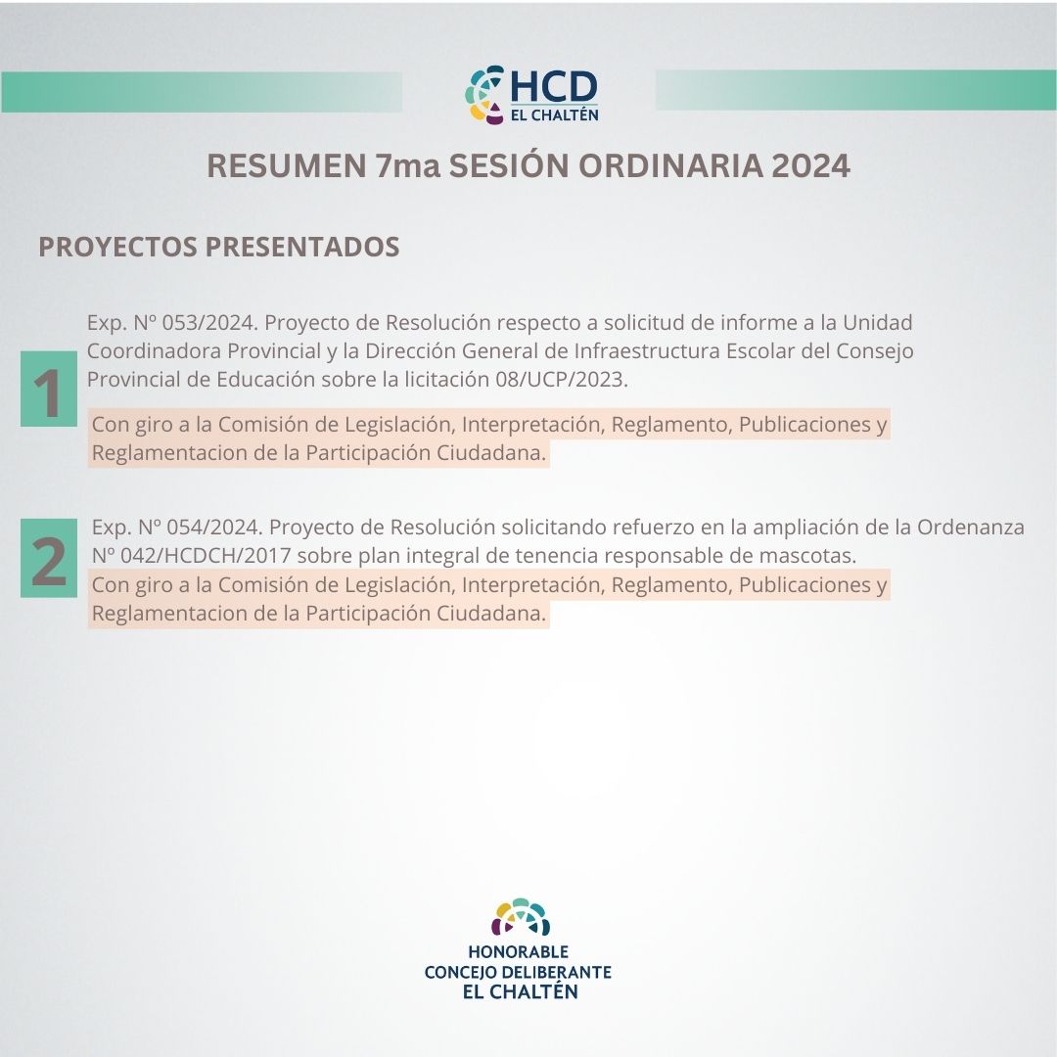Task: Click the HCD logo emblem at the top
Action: (484, 94)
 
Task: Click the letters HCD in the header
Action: (553, 87)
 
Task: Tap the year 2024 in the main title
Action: (811, 165)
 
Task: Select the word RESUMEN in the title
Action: (286, 165)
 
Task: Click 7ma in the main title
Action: (408, 165)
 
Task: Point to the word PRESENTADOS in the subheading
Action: (302, 247)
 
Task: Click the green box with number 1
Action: (49, 389)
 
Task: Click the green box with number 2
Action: (49, 558)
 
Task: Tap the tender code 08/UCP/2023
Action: (561, 380)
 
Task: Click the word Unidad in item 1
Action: (878, 323)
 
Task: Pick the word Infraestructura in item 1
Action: (647, 351)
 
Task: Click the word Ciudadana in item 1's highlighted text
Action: (491, 453)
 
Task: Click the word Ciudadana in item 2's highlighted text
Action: (491, 614)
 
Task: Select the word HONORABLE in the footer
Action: (519, 952)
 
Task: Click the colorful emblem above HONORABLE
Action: (521, 917)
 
